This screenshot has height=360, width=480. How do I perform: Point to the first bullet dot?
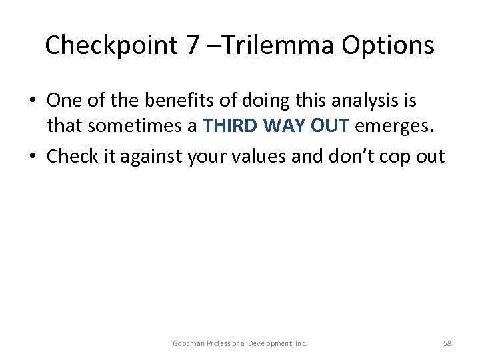(33, 101)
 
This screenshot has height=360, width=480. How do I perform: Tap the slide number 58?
(447, 343)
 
